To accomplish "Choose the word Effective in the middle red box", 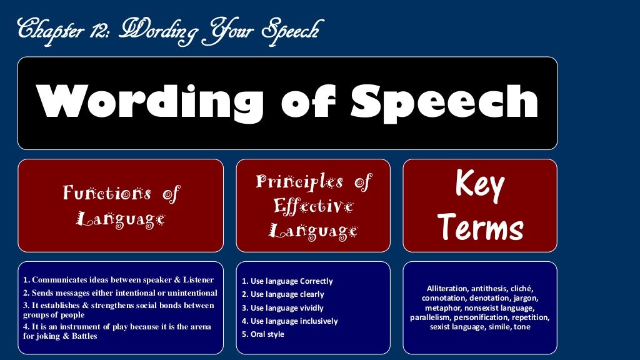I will (312, 206).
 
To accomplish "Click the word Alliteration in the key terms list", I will (447, 289).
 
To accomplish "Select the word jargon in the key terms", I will (526, 298).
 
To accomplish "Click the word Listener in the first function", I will (195, 280).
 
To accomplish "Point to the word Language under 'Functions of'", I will (121, 219).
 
